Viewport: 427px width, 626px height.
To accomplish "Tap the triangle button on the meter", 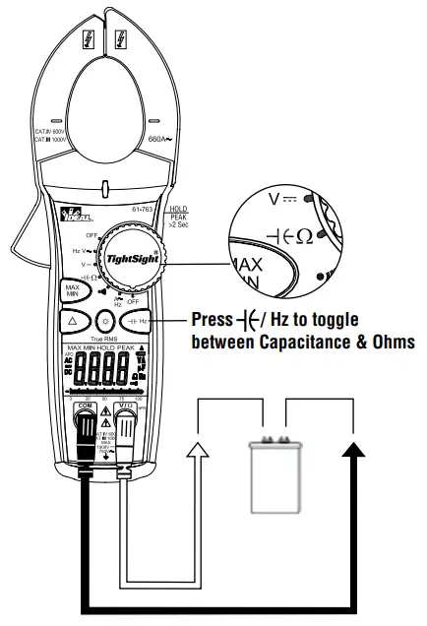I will tap(74, 322).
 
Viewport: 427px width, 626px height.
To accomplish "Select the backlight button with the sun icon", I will tap(106, 322).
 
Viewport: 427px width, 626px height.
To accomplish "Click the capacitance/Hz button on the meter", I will tap(142, 322).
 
